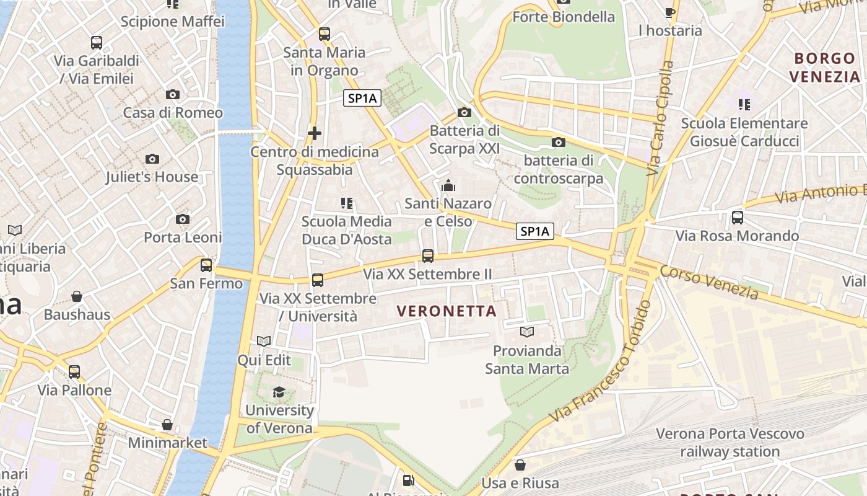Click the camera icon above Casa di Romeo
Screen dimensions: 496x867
pyautogui.click(x=173, y=95)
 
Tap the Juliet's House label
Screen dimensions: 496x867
pyautogui.click(x=152, y=177)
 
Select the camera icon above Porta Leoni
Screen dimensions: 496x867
pyautogui.click(x=183, y=219)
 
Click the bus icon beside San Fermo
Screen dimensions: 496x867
pyautogui.click(x=206, y=265)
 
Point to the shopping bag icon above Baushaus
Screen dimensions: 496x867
pyautogui.click(x=77, y=296)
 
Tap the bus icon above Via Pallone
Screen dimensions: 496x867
pyautogui.click(x=74, y=372)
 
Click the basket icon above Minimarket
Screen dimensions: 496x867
pyautogui.click(x=167, y=425)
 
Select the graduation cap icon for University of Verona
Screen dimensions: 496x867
pyautogui.click(x=279, y=392)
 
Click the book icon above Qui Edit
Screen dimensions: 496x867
pyautogui.click(x=264, y=342)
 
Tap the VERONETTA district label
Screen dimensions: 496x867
pyautogui.click(x=447, y=311)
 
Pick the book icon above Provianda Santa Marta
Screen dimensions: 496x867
pyautogui.click(x=527, y=332)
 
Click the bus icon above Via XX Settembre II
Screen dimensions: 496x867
pyautogui.click(x=427, y=255)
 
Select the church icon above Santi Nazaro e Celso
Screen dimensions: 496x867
pyautogui.click(x=448, y=185)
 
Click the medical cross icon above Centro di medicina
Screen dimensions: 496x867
pyautogui.click(x=315, y=133)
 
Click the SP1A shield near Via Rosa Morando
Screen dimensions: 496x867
pyautogui.click(x=535, y=231)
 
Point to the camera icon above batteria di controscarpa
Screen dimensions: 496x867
pyautogui.click(x=558, y=143)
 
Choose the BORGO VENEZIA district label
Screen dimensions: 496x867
pyautogui.click(x=825, y=68)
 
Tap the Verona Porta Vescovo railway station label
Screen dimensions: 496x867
pyautogui.click(x=730, y=443)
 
